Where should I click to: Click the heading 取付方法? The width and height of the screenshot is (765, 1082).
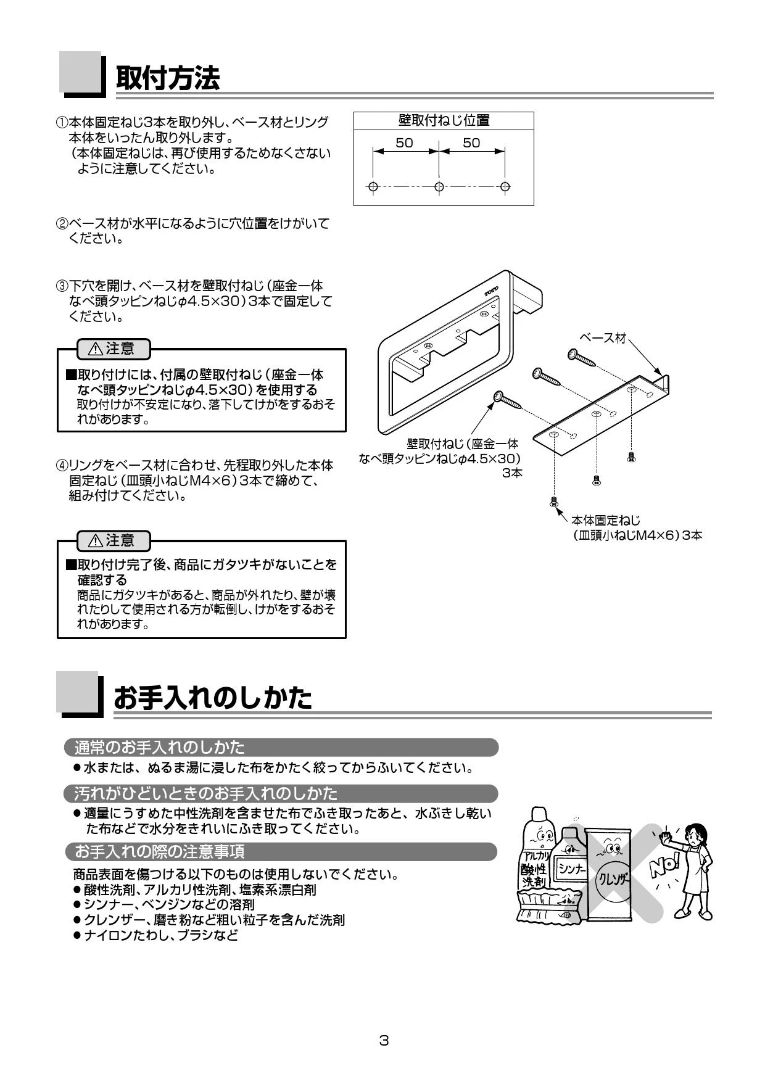(168, 78)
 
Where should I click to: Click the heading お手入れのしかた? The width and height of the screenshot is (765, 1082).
(213, 698)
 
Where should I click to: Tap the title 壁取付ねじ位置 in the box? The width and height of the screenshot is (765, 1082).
(444, 120)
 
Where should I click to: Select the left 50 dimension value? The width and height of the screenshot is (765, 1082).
(404, 143)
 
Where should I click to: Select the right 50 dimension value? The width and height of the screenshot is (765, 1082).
(471, 143)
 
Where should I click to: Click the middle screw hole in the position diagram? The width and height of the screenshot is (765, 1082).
(439, 186)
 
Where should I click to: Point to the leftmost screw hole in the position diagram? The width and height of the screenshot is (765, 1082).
(372, 186)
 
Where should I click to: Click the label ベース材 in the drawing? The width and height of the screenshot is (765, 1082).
(603, 337)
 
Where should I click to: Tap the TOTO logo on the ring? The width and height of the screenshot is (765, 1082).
(491, 290)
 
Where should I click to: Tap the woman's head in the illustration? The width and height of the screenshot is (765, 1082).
(695, 834)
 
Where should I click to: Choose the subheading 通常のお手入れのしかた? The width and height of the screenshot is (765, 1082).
(159, 748)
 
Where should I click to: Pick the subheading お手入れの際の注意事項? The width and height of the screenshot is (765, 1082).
(159, 852)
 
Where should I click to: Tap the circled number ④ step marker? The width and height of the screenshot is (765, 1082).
(62, 465)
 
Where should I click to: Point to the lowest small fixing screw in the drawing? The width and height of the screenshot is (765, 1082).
(553, 501)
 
